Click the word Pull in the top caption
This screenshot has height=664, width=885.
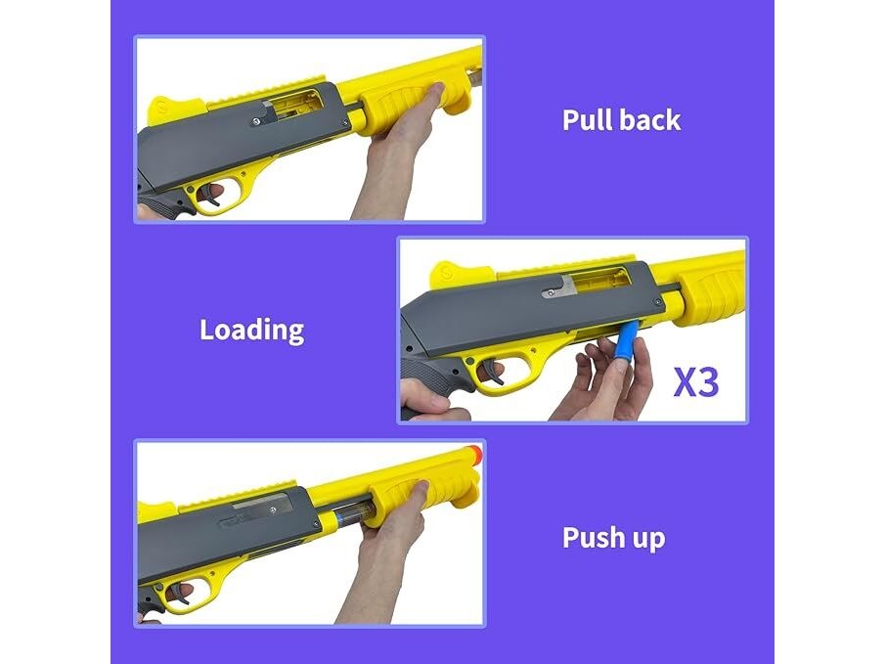coord(587,119)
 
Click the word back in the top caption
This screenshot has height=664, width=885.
coord(650,119)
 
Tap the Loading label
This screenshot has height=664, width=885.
coord(251,331)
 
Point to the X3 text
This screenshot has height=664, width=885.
coord(696,382)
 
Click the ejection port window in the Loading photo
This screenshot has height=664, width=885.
coord(599,281)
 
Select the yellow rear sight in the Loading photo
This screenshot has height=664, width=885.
coord(453,275)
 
